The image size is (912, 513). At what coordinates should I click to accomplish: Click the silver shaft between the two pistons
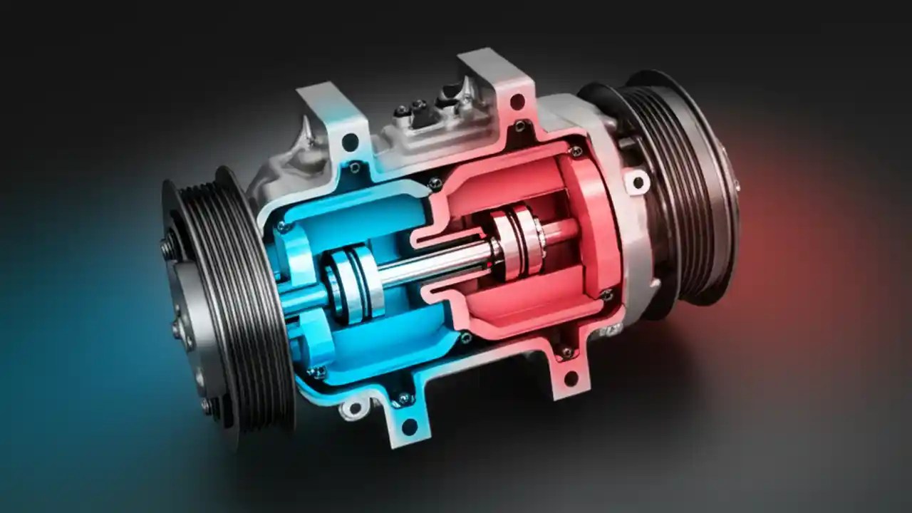435,263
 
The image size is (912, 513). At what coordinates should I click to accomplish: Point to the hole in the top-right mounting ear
516,102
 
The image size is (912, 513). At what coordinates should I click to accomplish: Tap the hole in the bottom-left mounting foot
409,427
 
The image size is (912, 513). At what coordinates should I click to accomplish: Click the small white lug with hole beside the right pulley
638,182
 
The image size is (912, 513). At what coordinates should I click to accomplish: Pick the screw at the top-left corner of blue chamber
283,227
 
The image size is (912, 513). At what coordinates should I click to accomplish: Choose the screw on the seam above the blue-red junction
434,183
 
